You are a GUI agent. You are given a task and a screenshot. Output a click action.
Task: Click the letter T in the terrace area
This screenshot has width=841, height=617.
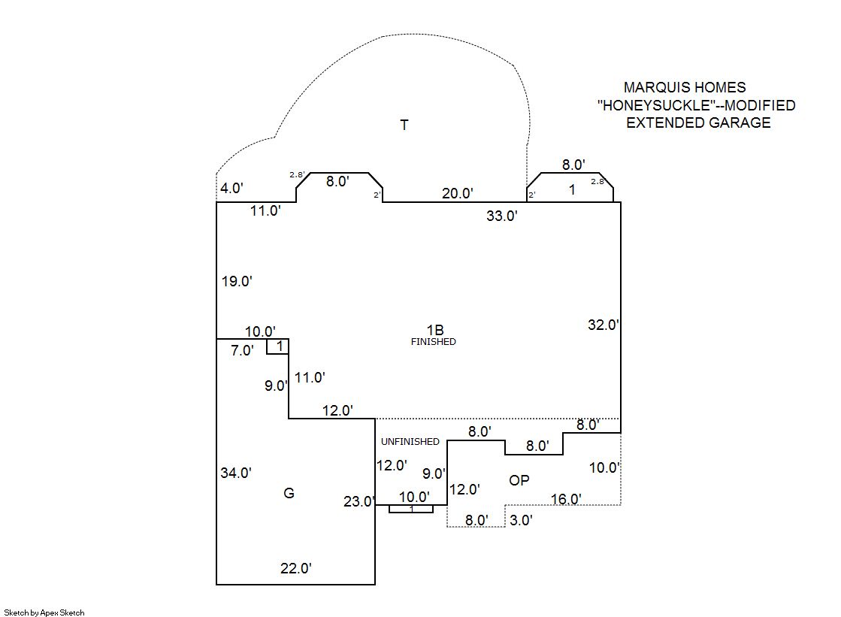(404, 126)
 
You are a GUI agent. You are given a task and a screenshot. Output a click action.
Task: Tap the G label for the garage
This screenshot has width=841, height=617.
(289, 493)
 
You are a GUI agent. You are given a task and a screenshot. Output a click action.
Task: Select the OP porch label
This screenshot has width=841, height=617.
(519, 480)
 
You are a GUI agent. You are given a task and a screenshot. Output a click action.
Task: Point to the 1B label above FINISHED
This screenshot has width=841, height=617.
(435, 329)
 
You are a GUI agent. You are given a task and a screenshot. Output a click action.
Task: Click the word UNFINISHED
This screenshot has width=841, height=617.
(410, 442)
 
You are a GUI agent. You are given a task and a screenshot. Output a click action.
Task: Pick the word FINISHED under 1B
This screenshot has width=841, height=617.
(433, 342)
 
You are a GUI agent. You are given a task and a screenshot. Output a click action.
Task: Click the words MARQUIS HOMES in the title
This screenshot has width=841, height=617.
(685, 88)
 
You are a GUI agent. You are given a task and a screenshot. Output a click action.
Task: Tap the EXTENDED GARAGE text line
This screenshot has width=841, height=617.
(698, 123)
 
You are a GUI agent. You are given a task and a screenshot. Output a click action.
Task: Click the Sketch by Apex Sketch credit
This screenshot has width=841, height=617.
(44, 612)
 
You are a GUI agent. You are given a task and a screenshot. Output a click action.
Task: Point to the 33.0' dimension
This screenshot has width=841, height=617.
(502, 216)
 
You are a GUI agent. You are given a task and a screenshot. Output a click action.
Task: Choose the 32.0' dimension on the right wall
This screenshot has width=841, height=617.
(603, 325)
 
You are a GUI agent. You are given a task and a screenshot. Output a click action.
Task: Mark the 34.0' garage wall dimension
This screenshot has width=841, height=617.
(236, 473)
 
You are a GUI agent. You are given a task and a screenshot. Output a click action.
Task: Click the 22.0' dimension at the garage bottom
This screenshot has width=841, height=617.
(296, 569)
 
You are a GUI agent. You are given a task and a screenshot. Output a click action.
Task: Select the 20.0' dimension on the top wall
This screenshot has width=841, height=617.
(458, 193)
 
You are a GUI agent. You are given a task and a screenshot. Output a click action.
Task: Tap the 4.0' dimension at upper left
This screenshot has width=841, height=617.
(231, 188)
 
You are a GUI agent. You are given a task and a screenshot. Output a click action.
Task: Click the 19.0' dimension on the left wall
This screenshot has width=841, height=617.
(237, 282)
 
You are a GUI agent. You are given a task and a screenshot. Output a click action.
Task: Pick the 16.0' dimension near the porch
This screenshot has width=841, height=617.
(566, 499)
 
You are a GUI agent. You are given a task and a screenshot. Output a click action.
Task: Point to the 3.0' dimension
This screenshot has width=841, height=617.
(522, 520)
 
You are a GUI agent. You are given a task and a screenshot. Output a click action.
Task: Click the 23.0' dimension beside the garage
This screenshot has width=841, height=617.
(358, 502)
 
